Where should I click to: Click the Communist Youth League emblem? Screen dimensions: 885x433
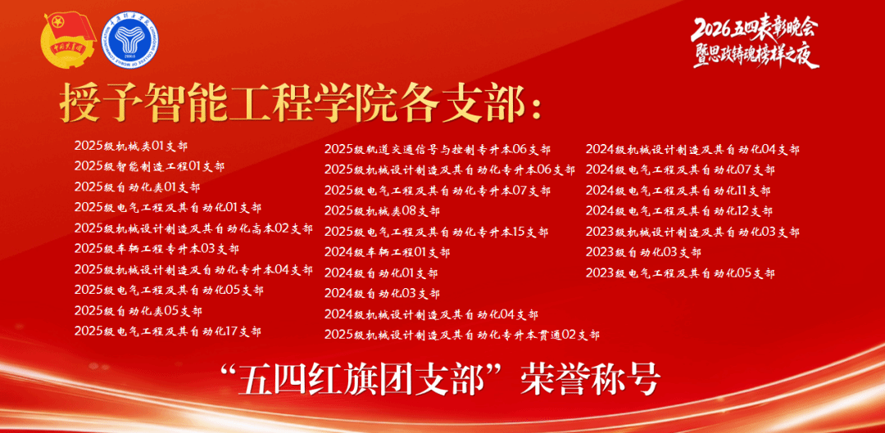tap(70, 40)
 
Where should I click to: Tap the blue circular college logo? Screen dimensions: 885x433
tap(129, 40)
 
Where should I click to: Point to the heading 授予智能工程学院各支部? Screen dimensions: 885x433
tap(300, 104)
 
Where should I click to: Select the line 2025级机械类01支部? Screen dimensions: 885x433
tap(131, 146)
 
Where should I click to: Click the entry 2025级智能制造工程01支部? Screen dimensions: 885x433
tap(149, 166)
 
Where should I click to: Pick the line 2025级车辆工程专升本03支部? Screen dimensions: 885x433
tap(157, 249)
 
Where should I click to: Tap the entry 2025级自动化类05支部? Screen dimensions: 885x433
tap(138, 311)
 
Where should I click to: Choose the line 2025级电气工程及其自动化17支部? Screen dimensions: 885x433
tap(168, 331)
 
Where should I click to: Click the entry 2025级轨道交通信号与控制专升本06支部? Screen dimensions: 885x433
tap(438, 150)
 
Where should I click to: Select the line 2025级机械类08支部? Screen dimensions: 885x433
tap(382, 211)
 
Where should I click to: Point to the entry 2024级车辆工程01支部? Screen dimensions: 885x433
tap(387, 252)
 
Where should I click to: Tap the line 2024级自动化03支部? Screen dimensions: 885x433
tap(382, 294)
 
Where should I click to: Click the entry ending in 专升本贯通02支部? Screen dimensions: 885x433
tap(461, 335)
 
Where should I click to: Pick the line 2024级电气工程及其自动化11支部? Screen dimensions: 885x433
tap(678, 191)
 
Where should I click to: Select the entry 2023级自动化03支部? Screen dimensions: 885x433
tap(643, 252)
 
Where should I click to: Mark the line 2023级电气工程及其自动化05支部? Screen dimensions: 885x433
tap(680, 273)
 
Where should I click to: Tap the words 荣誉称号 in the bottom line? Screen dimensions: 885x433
tap(590, 380)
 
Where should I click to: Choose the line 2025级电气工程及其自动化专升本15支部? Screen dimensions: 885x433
tap(436, 232)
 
